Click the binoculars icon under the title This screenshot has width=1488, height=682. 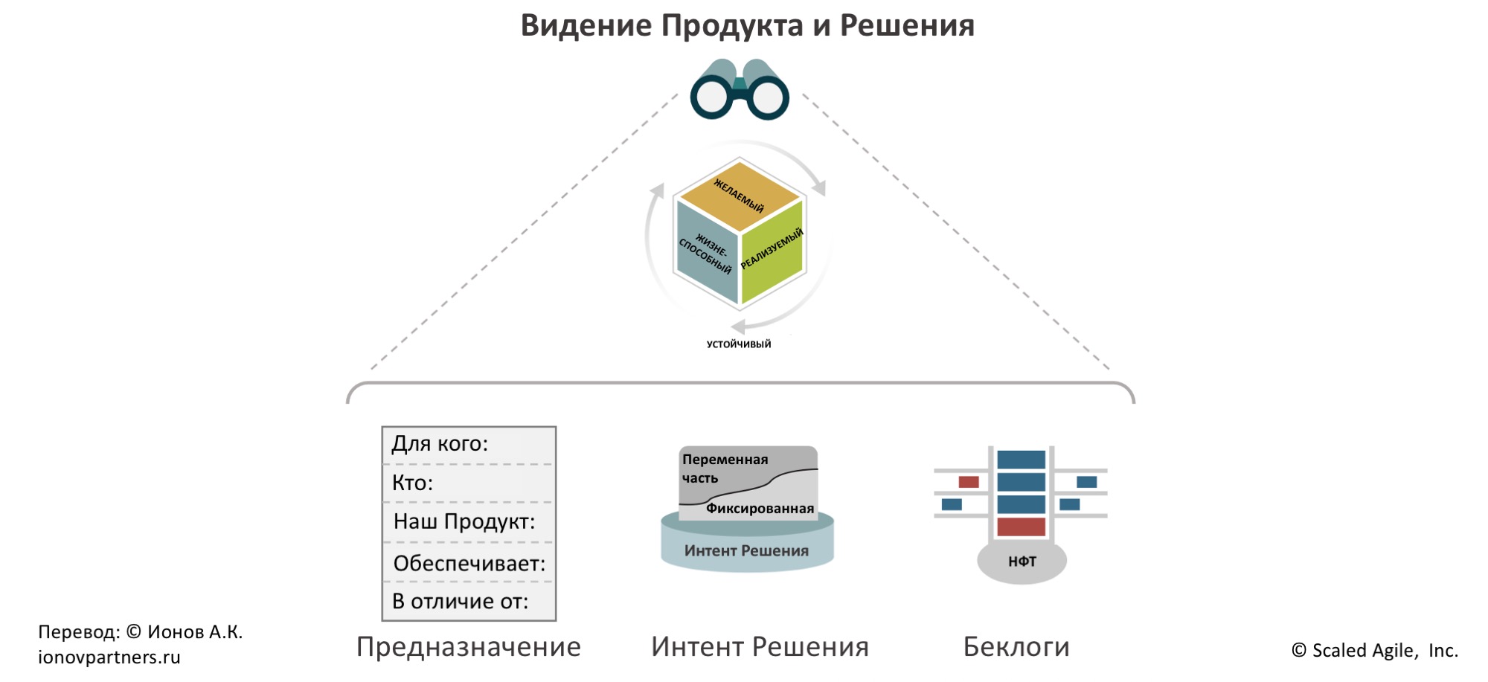click(740, 90)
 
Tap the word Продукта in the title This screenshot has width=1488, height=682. click(732, 25)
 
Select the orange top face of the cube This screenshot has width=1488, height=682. click(740, 195)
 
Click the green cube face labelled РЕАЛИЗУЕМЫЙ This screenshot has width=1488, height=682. click(773, 253)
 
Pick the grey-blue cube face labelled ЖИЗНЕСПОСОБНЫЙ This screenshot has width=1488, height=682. click(706, 253)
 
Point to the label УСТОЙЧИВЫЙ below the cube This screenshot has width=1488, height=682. click(739, 344)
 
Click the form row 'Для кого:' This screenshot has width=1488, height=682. click(469, 444)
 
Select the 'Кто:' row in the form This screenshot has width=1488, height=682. click(469, 483)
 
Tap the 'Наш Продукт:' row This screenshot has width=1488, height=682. click(469, 522)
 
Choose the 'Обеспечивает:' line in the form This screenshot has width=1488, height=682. click(469, 564)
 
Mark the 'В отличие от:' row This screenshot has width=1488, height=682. click(469, 601)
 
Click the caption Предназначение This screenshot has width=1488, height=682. click(469, 647)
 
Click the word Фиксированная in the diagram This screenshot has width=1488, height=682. click(760, 509)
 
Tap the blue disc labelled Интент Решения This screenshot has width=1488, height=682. click(747, 551)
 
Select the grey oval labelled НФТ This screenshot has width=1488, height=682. click(1022, 562)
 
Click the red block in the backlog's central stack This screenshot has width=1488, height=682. click(1021, 527)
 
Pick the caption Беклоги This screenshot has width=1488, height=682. click(1016, 647)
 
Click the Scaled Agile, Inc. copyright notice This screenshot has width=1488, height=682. click(1375, 651)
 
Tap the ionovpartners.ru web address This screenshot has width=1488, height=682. click(109, 657)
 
